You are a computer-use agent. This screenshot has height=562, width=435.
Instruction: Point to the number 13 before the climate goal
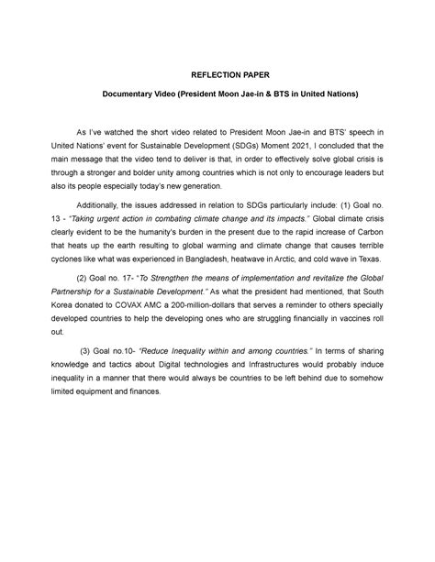pyautogui.click(x=81, y=224)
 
